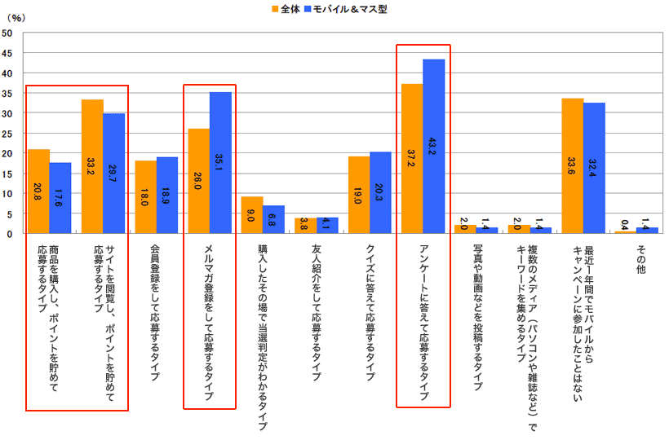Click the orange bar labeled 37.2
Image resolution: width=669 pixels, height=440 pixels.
click(412, 159)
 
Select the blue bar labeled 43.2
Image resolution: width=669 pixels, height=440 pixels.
click(434, 147)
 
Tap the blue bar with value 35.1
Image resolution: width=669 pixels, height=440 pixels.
click(220, 163)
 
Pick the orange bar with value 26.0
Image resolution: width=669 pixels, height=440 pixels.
click(198, 181)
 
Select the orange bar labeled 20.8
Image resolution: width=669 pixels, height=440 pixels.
click(38, 191)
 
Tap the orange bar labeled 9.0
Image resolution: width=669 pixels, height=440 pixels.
click(252, 215)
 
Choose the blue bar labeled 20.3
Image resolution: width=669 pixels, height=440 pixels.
click(380, 192)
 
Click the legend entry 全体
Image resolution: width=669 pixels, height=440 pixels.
click(284, 10)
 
